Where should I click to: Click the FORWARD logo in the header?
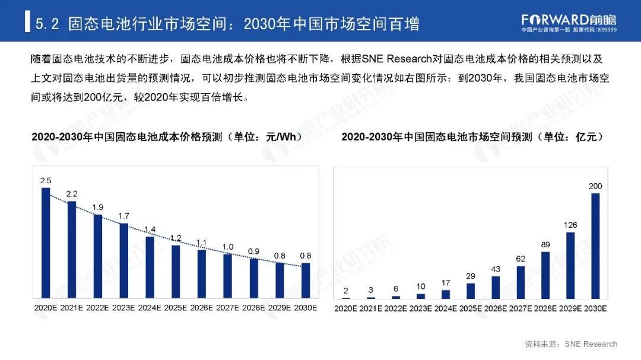click(x=568, y=20)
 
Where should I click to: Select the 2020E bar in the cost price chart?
click(x=46, y=243)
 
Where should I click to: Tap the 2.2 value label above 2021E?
click(x=72, y=193)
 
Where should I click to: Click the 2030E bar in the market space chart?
click(x=595, y=246)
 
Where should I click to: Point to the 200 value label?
click(x=595, y=186)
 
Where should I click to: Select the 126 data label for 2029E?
click(x=570, y=225)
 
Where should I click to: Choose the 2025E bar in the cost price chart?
click(x=176, y=271)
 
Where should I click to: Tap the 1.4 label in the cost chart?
click(x=150, y=230)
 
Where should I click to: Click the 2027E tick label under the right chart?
click(x=520, y=308)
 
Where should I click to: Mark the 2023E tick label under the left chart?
click(x=124, y=308)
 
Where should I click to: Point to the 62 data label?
click(x=520, y=259)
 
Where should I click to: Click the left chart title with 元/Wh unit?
click(x=163, y=137)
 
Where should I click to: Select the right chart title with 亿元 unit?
click(x=472, y=137)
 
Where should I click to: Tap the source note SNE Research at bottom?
click(x=571, y=344)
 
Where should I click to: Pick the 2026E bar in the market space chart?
click(x=495, y=287)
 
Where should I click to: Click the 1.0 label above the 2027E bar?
click(x=228, y=247)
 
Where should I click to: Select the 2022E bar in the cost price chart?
click(x=98, y=256)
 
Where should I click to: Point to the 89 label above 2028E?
click(x=545, y=244)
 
